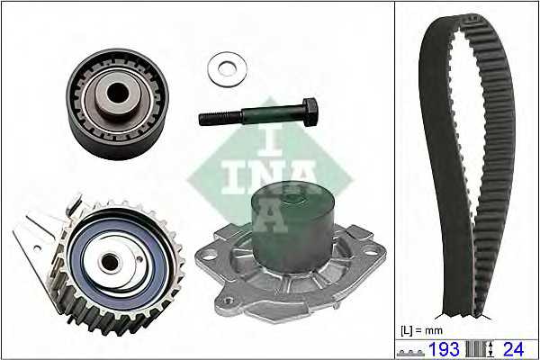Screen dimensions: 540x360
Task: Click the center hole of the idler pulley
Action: [117, 93]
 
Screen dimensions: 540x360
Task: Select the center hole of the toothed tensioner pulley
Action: [110, 263]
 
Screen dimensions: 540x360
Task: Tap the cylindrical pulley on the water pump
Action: [292, 228]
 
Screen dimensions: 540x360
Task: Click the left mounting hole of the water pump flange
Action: [207, 256]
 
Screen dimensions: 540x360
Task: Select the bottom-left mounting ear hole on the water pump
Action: [228, 301]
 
